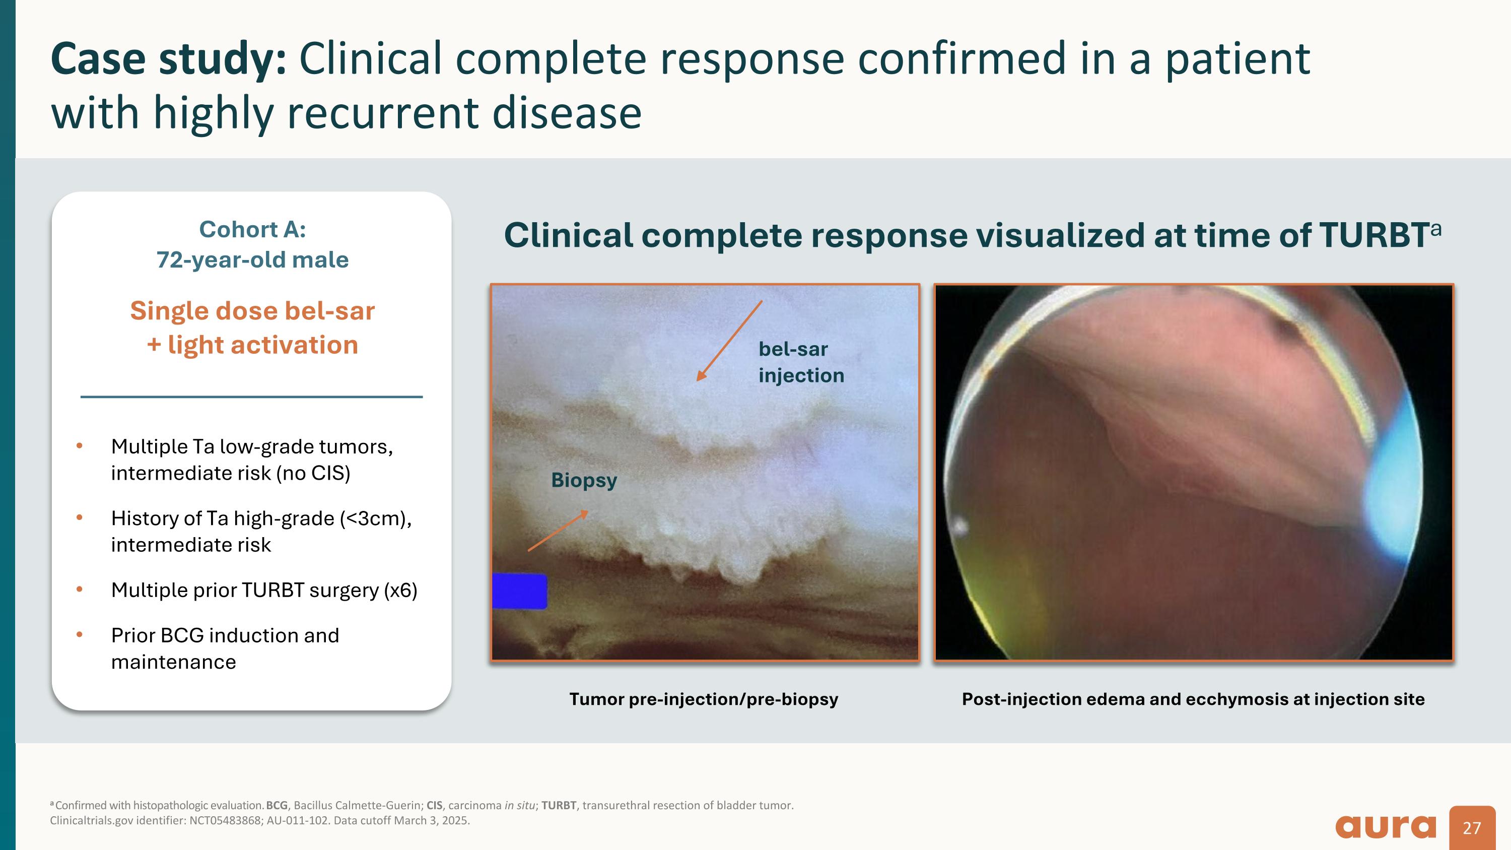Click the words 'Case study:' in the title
pos(168,59)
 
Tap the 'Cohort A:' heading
pos(252,229)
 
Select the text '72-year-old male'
pos(252,260)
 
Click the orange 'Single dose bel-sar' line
pos(252,311)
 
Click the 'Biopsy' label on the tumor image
pos(584,480)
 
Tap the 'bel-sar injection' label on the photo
pos(801,362)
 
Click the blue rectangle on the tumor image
pos(519,591)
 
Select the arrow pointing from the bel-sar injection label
pos(729,341)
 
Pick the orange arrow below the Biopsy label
pos(557,531)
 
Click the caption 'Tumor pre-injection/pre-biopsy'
pos(703,699)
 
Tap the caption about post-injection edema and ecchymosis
pos(1193,699)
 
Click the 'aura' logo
pos(1386,826)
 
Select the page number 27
pos(1472,828)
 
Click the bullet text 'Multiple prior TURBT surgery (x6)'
pos(264,590)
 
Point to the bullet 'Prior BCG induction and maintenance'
pos(225,648)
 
